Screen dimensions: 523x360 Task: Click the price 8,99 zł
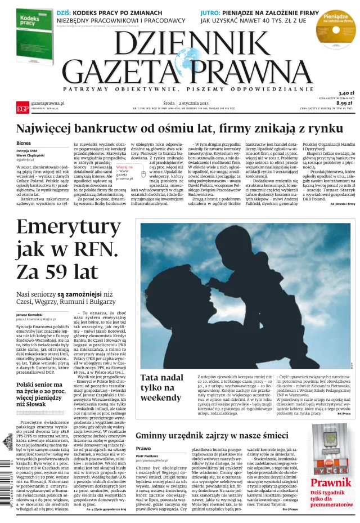(345, 103)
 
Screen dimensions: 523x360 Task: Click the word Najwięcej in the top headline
(47, 129)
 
